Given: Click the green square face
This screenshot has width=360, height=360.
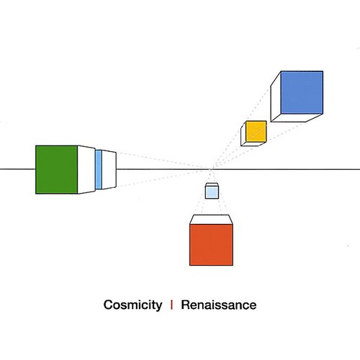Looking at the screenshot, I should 56,169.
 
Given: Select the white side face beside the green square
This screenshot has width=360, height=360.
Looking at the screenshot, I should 86,168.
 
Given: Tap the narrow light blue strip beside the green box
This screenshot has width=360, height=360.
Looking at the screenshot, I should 99,170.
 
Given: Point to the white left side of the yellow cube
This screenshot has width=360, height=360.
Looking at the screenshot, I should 243,135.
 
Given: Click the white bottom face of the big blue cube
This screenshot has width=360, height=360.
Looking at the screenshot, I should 294,118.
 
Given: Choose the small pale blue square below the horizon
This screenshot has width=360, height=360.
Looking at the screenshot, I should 212,192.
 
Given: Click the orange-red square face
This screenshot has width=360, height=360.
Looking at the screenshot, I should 211,244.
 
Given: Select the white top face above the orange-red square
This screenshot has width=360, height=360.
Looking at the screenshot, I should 211,218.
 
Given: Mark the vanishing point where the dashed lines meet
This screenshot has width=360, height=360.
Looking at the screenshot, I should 210,169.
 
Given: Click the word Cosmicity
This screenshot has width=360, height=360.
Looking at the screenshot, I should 132,305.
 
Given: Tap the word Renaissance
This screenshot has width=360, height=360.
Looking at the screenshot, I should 218,305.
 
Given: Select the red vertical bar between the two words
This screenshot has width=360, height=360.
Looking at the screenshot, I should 171,305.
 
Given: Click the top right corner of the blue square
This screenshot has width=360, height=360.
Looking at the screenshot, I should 322,71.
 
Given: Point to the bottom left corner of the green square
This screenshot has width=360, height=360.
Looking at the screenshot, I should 36,193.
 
